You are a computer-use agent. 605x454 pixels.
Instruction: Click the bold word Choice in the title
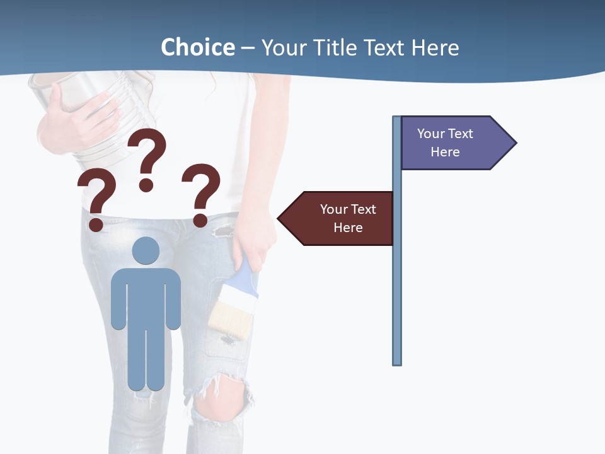coord(197,47)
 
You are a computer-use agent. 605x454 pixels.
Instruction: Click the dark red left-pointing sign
coord(340,218)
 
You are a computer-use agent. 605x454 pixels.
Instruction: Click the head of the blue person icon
coord(146,251)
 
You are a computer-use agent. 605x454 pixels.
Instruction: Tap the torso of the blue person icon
coord(146,296)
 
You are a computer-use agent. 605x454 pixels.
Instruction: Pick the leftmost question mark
coord(96,199)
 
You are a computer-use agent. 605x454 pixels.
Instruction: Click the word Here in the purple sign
coord(445,152)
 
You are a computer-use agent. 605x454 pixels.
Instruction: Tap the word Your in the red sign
coord(333,209)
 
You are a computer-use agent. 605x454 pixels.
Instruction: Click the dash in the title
coord(248,48)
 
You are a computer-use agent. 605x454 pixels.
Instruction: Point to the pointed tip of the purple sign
coord(515,143)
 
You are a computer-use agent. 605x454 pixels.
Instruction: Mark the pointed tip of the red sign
coord(280,218)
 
